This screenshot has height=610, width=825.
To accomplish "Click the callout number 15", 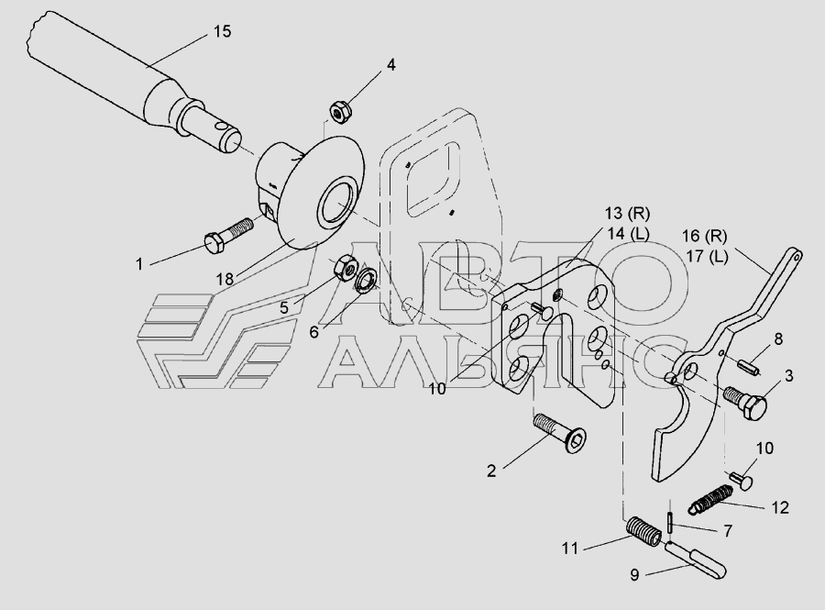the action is coord(222,31).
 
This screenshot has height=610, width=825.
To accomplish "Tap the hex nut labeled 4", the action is coord(341,112).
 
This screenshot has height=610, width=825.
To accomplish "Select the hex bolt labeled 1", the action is coord(228,234).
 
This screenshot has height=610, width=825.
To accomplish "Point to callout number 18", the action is coord(225,279).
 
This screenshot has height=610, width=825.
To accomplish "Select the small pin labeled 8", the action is coord(749,366).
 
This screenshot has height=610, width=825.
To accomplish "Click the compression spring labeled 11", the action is coord(643,532).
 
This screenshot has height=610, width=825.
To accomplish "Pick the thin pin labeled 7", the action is coord(669,523).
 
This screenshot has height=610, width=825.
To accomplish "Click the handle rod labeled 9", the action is coord(696,559).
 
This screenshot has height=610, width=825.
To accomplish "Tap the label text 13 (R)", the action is coord(626,214).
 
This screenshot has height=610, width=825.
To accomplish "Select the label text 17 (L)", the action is coord(706,257).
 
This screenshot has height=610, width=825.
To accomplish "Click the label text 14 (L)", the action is coord(627,234).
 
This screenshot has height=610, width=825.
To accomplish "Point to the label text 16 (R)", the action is coord(705,237).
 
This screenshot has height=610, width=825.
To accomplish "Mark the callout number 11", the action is coord(570,549).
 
